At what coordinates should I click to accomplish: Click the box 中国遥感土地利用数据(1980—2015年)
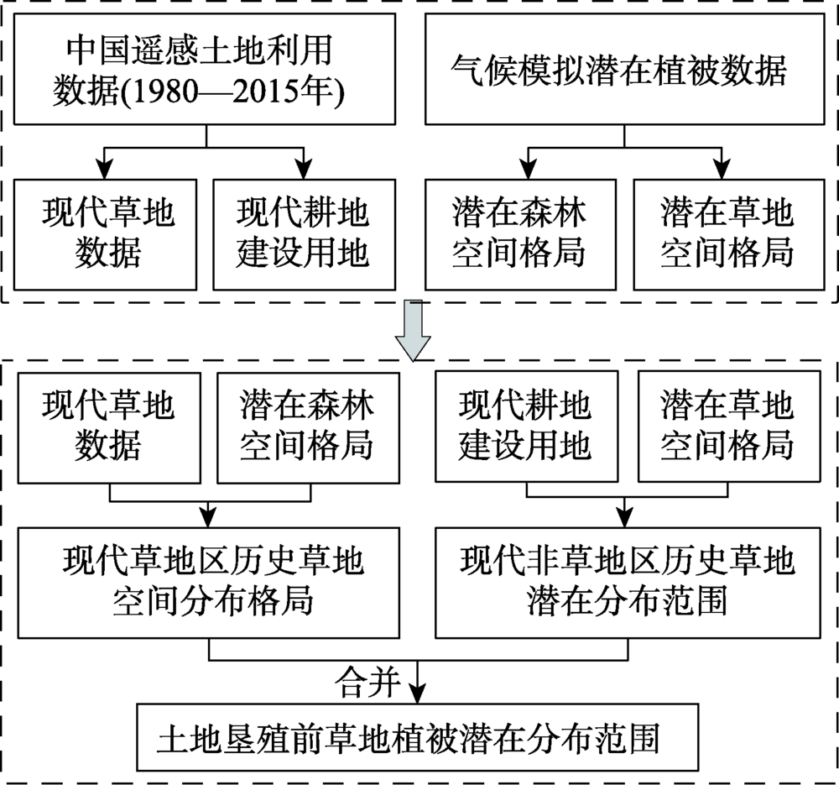point(206,72)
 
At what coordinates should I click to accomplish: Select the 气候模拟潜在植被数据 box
point(620,71)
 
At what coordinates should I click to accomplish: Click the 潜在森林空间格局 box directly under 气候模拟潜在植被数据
point(518,233)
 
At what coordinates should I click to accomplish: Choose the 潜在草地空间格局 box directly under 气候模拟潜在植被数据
point(727,233)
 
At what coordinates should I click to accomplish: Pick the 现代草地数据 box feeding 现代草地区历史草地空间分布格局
point(108,427)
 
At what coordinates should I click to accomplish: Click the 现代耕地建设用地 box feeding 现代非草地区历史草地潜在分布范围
point(524,427)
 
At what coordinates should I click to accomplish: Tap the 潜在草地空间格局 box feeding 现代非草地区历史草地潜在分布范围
point(727,427)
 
